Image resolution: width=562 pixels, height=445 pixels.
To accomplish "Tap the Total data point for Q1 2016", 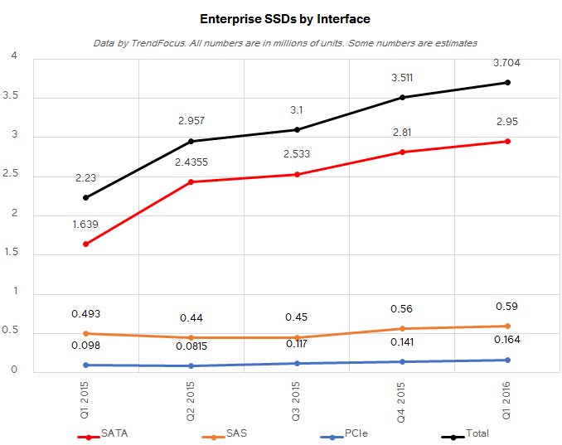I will [x=508, y=82].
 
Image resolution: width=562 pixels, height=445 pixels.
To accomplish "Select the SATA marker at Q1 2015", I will [x=85, y=244].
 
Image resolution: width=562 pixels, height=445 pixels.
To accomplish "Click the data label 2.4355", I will [x=191, y=162].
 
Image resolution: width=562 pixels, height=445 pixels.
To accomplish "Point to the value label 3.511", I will [x=402, y=78].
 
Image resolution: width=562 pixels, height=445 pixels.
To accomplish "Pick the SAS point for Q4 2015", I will [x=402, y=329].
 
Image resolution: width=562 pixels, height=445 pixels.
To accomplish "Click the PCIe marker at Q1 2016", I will [x=508, y=360].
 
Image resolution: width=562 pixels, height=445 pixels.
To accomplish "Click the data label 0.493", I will [x=85, y=313].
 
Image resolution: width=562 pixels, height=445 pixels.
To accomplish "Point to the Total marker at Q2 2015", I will [x=191, y=141].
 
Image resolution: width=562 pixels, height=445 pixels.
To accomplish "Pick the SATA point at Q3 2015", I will [x=297, y=174].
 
